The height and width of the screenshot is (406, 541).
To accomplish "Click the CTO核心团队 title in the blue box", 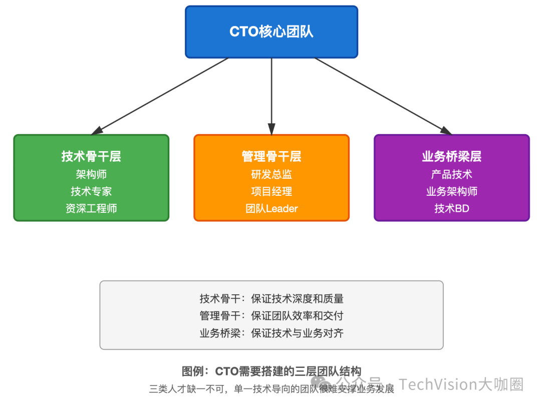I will click(x=271, y=32).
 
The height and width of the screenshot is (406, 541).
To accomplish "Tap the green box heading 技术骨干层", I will click(x=91, y=157).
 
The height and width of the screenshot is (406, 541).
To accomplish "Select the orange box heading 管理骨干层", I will click(x=271, y=157).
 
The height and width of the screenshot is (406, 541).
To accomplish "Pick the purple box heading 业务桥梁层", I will click(x=451, y=157).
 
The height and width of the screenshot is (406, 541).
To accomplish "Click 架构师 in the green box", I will click(x=91, y=174).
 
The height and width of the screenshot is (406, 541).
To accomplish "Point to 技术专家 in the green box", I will click(x=91, y=191).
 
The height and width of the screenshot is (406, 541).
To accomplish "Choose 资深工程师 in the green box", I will click(x=91, y=208).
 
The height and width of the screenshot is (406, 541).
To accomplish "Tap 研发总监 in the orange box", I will click(x=271, y=174).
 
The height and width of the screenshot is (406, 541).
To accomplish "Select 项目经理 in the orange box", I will click(x=271, y=191).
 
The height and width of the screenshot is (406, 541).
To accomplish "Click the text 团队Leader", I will click(x=271, y=208).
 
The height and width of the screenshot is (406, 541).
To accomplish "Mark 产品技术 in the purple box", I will click(x=451, y=174).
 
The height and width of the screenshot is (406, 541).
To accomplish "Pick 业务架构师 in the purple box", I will click(x=451, y=191).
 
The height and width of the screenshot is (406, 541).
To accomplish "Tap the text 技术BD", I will click(x=451, y=208).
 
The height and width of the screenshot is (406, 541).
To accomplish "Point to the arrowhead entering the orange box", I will click(x=271, y=130).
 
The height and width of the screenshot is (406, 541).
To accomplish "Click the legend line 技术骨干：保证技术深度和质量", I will click(x=271, y=299).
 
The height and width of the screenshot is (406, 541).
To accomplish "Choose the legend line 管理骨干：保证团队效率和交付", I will click(x=271, y=316).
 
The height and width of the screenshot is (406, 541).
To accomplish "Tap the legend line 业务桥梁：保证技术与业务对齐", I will click(x=271, y=333).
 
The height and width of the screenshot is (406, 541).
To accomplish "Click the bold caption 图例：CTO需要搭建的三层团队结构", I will click(x=271, y=371).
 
